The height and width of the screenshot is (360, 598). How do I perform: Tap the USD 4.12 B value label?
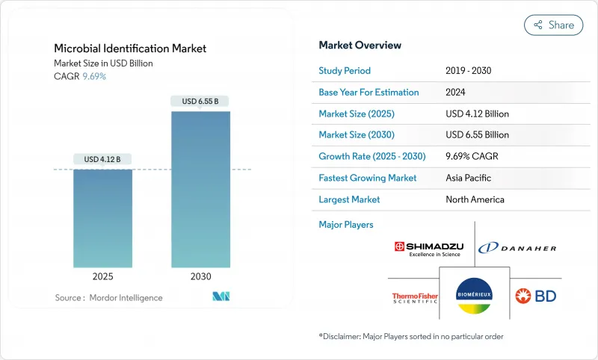pyautogui.click(x=102, y=159)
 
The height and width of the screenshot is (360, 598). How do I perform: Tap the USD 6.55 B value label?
pyautogui.click(x=200, y=101)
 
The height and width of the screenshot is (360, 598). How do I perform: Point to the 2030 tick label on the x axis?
pyautogui.click(x=200, y=276)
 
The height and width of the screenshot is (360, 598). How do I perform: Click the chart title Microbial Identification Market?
pyautogui.click(x=130, y=49)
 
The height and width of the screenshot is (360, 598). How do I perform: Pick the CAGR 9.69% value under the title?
pyautogui.click(x=93, y=76)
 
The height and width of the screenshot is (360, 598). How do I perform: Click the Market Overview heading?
pyautogui.click(x=360, y=46)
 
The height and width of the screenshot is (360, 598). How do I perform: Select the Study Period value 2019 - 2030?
pyautogui.click(x=469, y=71)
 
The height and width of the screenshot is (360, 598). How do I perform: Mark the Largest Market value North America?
pyautogui.click(x=475, y=199)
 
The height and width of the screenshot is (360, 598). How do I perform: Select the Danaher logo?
pyautogui.click(x=517, y=248)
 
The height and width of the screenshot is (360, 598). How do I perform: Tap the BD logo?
pyautogui.click(x=536, y=296)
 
